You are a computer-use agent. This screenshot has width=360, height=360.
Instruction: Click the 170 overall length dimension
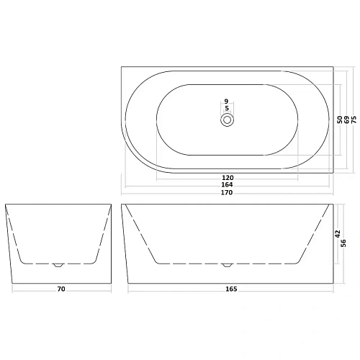click(228, 193)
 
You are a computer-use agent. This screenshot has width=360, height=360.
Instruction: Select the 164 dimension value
click(228, 184)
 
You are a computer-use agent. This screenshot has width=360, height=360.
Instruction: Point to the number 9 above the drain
click(226, 102)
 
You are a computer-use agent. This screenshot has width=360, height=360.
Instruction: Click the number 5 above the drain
click(227, 109)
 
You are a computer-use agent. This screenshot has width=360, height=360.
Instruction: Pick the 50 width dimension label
click(339, 120)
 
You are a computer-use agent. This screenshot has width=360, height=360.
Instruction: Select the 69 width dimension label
click(346, 120)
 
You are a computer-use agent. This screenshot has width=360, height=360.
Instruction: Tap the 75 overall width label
click(354, 120)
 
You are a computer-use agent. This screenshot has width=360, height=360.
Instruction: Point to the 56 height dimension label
click(346, 243)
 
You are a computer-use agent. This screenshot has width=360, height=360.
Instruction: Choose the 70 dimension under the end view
click(61, 289)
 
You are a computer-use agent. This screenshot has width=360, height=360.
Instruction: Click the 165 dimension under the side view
click(230, 289)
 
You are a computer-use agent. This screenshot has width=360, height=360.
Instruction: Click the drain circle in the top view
click(227, 120)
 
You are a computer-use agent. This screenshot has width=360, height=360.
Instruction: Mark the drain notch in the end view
click(59, 264)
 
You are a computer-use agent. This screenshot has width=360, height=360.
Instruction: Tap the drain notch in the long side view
click(227, 264)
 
